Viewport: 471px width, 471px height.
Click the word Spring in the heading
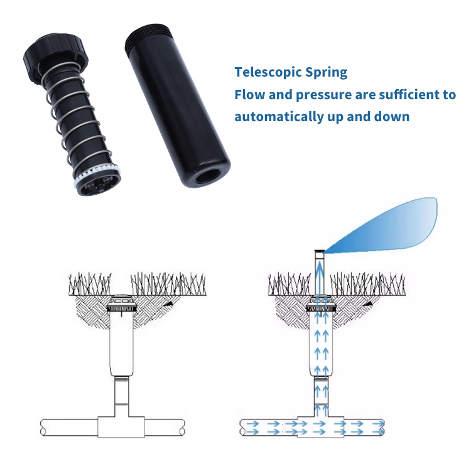coord(325,72)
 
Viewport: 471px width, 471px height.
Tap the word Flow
coord(250,95)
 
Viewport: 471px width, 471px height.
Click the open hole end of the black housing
coord(208,174)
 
